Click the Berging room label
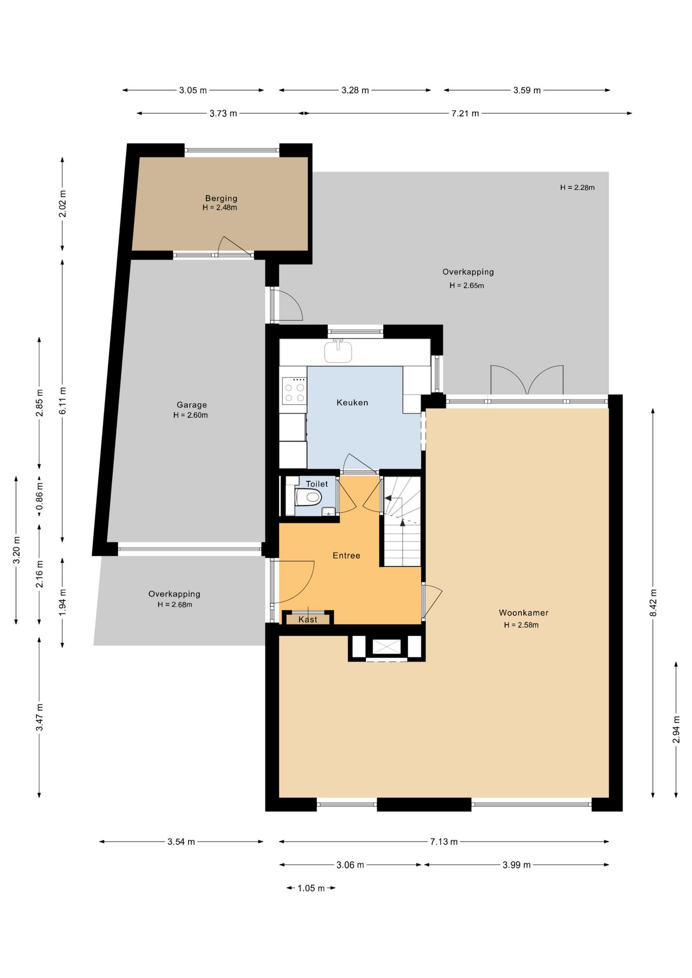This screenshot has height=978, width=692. [x=221, y=198]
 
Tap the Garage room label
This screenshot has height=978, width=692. [x=192, y=405]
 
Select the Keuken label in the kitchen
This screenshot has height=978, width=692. [x=352, y=402]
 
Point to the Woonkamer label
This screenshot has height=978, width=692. [x=523, y=613]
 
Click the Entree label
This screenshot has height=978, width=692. [x=347, y=556]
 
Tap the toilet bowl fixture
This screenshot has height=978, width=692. [x=308, y=497]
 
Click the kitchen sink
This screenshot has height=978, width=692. [x=338, y=351]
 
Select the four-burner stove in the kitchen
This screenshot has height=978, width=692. [x=294, y=391]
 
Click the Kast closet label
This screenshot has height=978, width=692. [x=308, y=619]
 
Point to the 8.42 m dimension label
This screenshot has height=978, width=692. [x=653, y=603]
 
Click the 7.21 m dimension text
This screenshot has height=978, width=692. [x=465, y=113]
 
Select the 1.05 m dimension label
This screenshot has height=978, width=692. [x=311, y=888]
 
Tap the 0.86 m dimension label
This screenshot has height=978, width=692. [x=39, y=497]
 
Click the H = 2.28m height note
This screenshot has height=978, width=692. [x=577, y=187]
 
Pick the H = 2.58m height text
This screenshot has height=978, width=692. [x=521, y=625]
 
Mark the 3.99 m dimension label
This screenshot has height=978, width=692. [x=517, y=865]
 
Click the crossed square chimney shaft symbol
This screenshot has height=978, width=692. [x=387, y=647]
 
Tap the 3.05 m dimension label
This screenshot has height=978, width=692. [x=193, y=90]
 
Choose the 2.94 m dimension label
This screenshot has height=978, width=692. [x=676, y=729]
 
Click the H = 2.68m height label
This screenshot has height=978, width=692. [x=175, y=605]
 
